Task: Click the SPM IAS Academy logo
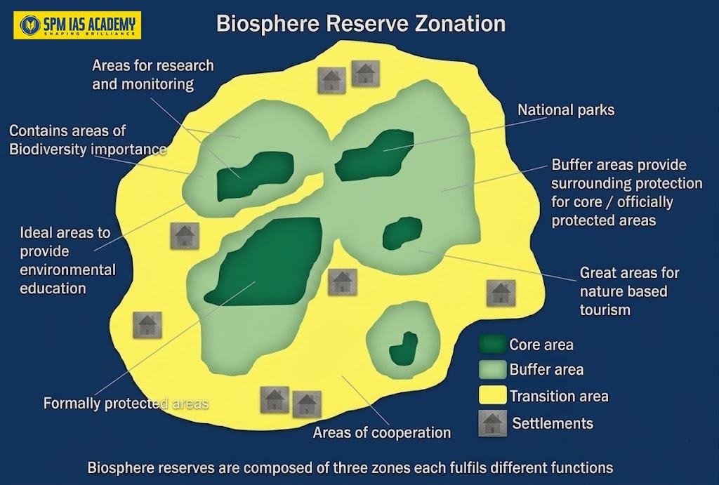77,26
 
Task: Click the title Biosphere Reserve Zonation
360,23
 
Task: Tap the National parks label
565,110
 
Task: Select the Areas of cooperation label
381,432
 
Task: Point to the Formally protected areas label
126,404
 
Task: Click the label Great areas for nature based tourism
628,291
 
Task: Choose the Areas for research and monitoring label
152,74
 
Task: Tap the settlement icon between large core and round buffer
343,281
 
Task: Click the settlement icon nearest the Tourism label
501,293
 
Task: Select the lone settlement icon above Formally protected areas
147,325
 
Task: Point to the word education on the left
53,288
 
